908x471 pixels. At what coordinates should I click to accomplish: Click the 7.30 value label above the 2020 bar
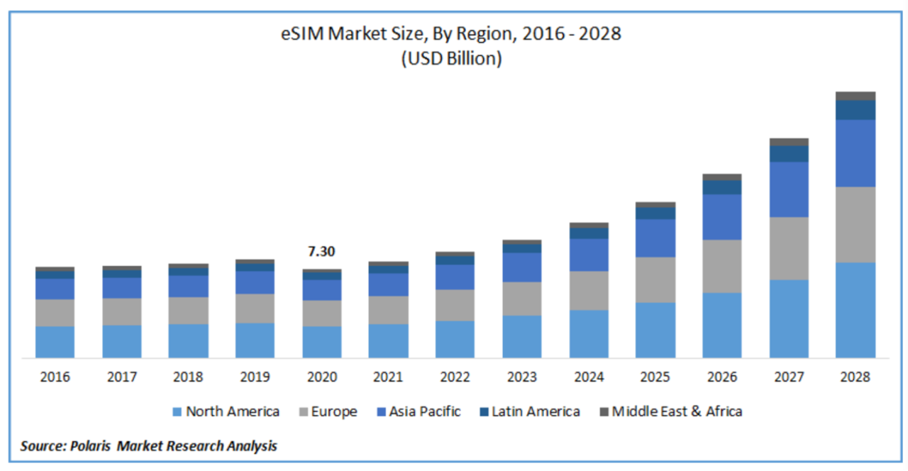(321, 252)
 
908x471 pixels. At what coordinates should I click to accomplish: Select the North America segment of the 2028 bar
(855, 310)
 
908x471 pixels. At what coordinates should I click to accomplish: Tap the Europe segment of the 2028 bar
(855, 225)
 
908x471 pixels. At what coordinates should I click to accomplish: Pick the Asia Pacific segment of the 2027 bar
(789, 189)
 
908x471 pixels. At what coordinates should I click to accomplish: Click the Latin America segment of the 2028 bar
(855, 110)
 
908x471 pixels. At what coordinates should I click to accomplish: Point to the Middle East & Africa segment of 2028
(855, 96)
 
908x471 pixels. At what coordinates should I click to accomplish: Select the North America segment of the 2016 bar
(55, 342)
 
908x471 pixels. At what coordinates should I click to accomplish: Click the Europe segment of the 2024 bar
(588, 290)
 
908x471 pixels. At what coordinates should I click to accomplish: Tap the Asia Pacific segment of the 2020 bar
(321, 289)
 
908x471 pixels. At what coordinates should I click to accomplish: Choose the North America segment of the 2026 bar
(721, 325)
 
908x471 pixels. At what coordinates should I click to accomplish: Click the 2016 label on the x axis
(55, 377)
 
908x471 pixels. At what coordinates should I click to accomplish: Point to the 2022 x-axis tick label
(455, 377)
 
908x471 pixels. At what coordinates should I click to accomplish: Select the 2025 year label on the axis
(655, 377)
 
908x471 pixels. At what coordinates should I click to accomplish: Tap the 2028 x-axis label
(855, 377)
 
